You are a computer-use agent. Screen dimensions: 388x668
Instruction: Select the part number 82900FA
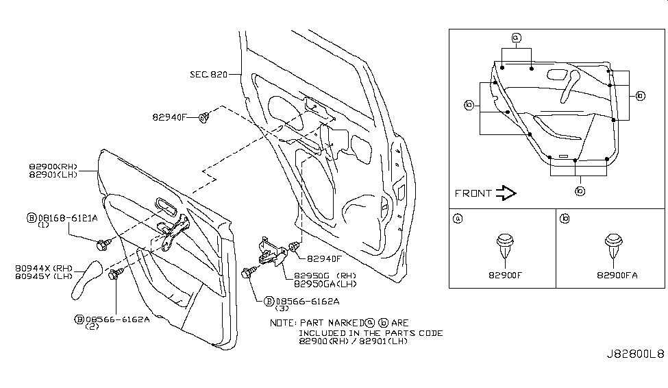pos(617,275)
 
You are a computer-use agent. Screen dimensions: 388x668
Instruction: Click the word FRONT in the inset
pos(473,193)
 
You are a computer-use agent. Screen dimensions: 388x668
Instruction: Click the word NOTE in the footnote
pos(282,322)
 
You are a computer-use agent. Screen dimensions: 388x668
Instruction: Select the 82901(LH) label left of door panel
pos(53,175)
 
